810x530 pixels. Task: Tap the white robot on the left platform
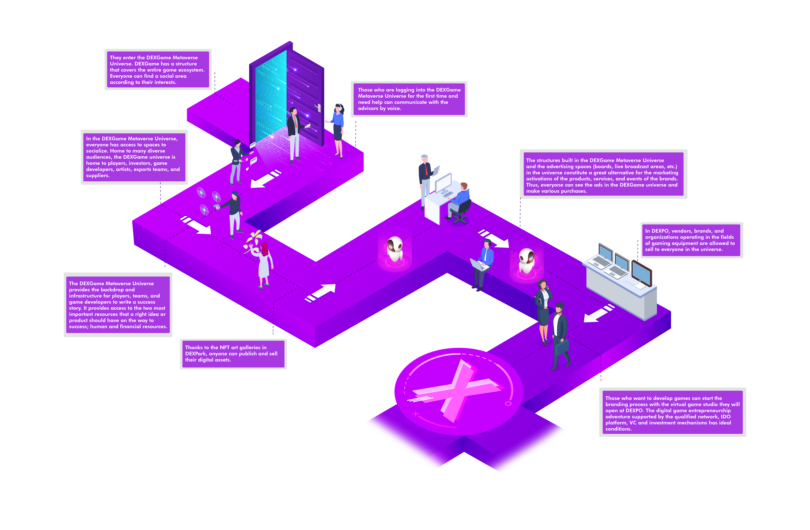[x=395, y=249]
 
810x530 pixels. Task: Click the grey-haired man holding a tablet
[x=425, y=180]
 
